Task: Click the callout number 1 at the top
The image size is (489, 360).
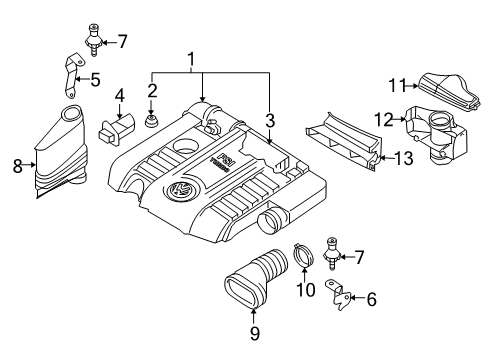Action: click(191, 60)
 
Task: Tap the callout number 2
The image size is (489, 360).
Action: click(152, 91)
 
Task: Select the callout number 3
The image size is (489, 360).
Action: click(270, 121)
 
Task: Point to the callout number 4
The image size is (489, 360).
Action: click(120, 96)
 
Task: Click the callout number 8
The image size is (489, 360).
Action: click(18, 166)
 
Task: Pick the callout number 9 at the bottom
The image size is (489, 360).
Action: click(254, 333)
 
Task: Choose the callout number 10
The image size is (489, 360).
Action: click(306, 290)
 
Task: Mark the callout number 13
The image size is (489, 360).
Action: click(404, 158)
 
